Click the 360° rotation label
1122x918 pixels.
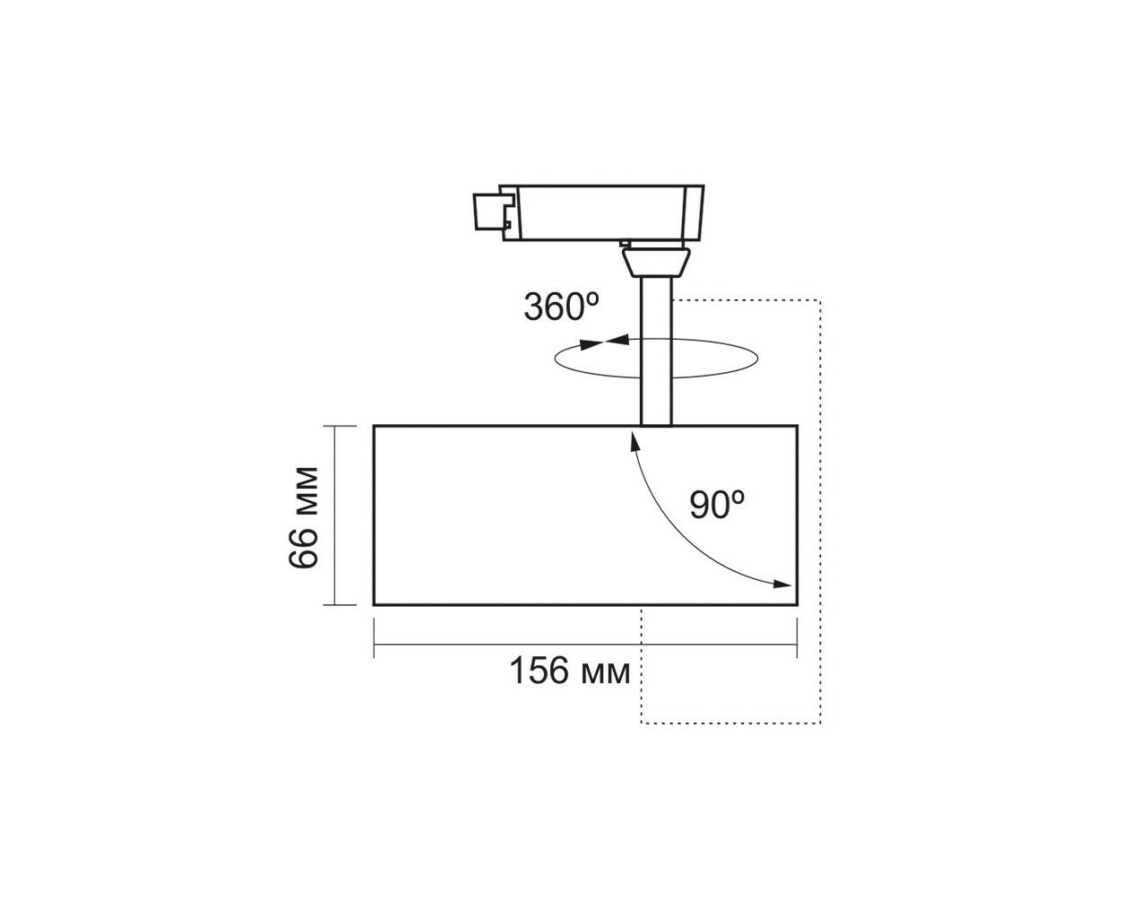[561, 307]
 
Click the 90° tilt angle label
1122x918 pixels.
[718, 504]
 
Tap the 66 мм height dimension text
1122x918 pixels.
[305, 518]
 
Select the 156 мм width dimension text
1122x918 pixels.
[570, 671]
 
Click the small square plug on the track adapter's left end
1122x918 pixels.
[488, 211]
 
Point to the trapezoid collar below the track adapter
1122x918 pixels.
[655, 262]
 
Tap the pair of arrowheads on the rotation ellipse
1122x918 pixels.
[604, 342]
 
